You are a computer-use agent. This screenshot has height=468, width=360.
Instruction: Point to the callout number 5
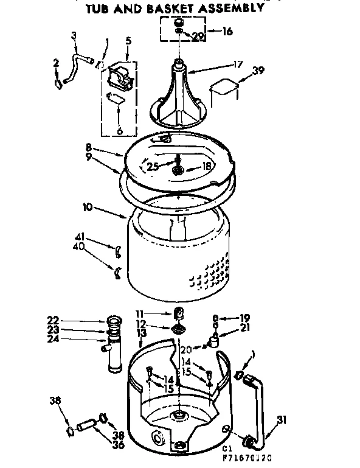(128, 42)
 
